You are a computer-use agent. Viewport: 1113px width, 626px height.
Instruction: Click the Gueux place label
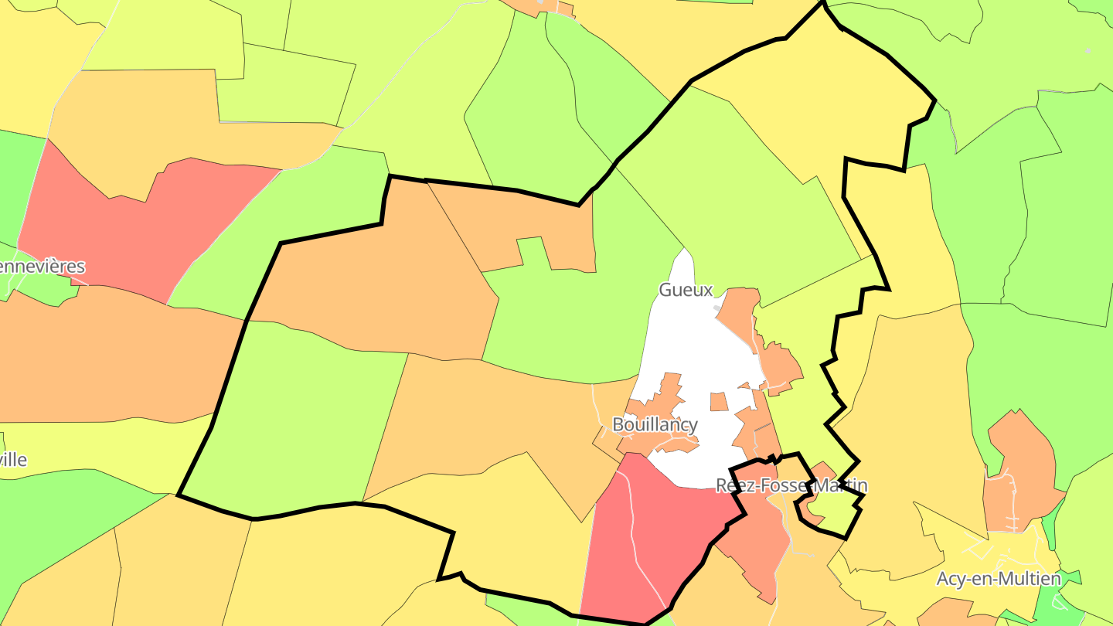coord(685,290)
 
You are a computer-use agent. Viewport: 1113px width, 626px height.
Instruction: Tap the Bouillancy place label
coord(655,424)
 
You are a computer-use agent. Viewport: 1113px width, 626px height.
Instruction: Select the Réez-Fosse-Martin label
coord(791,485)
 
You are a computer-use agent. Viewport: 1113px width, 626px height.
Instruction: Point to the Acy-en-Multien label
coord(999,579)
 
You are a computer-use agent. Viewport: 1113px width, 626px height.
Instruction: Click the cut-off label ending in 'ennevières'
coord(42,267)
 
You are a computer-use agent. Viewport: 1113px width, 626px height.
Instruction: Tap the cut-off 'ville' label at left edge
coord(13,460)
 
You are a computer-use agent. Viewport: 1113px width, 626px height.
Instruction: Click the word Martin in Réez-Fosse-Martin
coord(839,485)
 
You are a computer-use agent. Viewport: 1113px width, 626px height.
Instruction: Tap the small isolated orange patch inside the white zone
coord(719,402)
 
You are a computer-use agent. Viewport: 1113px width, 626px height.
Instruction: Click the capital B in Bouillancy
coord(618,424)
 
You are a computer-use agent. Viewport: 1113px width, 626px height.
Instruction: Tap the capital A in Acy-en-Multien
coord(943,579)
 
